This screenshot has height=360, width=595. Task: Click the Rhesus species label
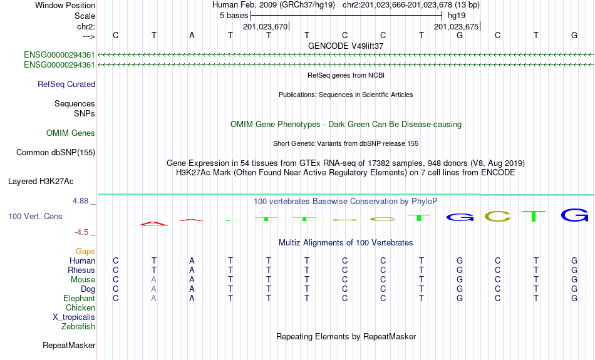pyautogui.click(x=81, y=270)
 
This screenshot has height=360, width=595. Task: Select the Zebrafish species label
pyautogui.click(x=78, y=326)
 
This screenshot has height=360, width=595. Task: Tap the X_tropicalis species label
pyautogui.click(x=74, y=317)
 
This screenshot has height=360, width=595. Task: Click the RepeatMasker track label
pyautogui.click(x=69, y=345)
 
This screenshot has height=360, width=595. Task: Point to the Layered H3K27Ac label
pyautogui.click(x=41, y=182)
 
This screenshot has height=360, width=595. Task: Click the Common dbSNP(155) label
pyautogui.click(x=55, y=153)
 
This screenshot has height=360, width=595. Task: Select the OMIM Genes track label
pyautogui.click(x=71, y=133)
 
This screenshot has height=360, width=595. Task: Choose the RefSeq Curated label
pyautogui.click(x=66, y=85)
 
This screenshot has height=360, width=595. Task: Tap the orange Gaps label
pyautogui.click(x=85, y=251)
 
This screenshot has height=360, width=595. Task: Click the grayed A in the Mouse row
pyautogui.click(x=153, y=280)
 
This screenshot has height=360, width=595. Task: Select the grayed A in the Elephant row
pyautogui.click(x=153, y=299)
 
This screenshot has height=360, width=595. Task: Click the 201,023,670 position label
pyautogui.click(x=266, y=26)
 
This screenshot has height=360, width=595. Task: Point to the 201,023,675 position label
pyautogui.click(x=457, y=26)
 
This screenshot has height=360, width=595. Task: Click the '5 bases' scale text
pyautogui.click(x=234, y=16)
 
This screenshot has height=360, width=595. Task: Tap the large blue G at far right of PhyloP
pyautogui.click(x=574, y=215)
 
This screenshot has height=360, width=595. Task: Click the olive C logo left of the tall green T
pyautogui.click(x=497, y=216)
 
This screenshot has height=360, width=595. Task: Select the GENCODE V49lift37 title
pyautogui.click(x=346, y=46)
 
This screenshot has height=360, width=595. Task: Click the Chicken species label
pyautogui.click(x=80, y=307)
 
